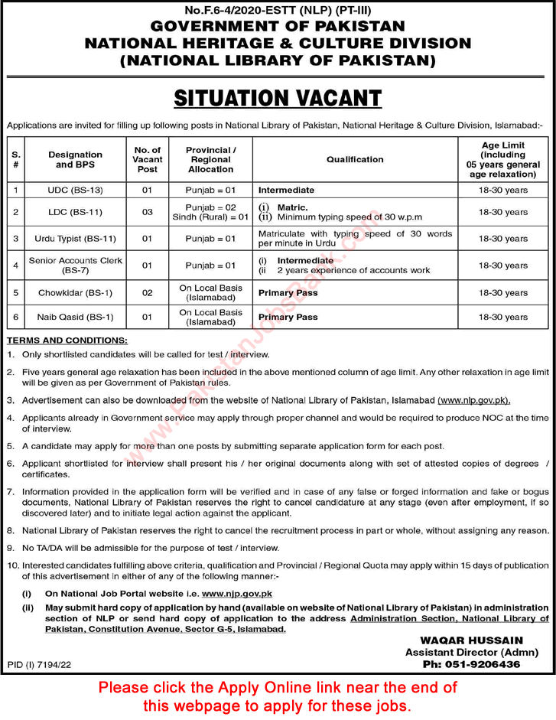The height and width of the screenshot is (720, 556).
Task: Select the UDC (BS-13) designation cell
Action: pyautogui.click(x=75, y=190)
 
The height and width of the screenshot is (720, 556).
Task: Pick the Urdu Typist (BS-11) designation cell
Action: pyautogui.click(x=75, y=239)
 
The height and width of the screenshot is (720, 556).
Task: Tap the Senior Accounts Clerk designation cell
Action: pyautogui.click(x=75, y=266)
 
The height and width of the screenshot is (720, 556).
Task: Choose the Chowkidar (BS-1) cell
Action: pyautogui.click(x=75, y=293)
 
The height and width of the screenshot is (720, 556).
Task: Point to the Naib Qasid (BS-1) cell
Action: pyautogui.click(x=75, y=317)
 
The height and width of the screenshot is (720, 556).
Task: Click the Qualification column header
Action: pyautogui.click(x=355, y=159)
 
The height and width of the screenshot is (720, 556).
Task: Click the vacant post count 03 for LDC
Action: pyautogui.click(x=148, y=212)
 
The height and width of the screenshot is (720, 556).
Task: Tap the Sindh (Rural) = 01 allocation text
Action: pyautogui.click(x=211, y=217)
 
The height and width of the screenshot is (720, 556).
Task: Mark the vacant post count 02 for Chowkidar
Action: pyautogui.click(x=148, y=293)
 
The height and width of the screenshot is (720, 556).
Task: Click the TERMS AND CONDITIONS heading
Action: pyautogui.click(x=67, y=340)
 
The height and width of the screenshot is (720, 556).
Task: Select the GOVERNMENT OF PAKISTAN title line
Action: pyautogui.click(x=278, y=26)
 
